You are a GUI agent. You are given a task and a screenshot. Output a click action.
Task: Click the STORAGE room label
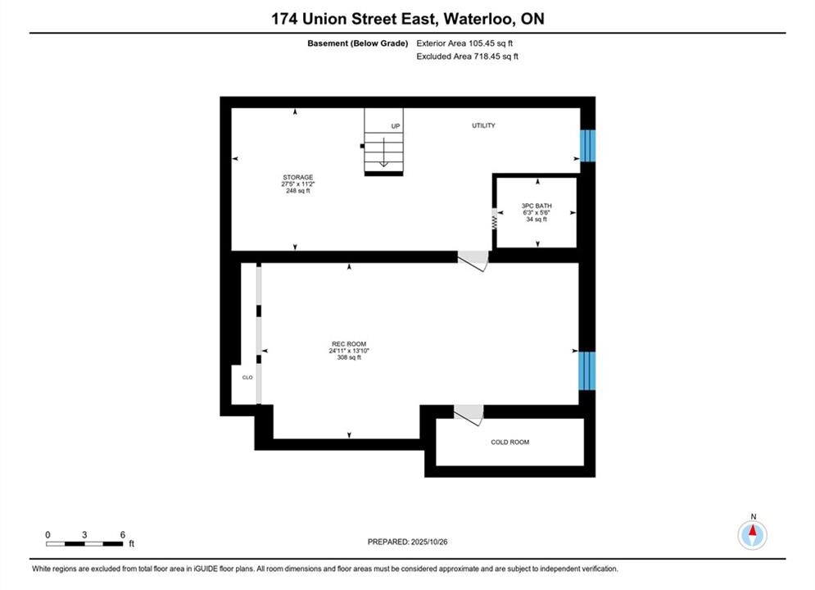298,177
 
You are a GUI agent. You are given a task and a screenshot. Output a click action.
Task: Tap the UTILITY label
483,125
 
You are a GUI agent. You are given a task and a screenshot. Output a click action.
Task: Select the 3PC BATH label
537,206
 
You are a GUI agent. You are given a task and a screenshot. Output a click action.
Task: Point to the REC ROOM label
349,344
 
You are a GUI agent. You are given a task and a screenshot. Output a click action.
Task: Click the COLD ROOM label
510,442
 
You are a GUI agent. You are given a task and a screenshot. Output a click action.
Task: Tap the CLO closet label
247,378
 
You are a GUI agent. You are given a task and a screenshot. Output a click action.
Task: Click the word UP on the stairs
396,126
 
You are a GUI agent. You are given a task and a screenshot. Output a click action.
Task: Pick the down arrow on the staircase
383,152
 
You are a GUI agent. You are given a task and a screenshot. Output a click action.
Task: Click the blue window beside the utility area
587,146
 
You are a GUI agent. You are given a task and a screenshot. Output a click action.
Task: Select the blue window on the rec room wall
587,370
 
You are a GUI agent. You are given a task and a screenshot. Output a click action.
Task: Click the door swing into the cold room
469,415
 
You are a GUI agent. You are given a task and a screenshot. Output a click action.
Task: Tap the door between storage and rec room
473,261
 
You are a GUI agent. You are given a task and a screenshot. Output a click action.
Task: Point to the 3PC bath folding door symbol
494,219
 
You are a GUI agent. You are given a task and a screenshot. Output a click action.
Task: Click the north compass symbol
752,534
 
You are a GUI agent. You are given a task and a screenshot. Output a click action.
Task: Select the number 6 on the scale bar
123,534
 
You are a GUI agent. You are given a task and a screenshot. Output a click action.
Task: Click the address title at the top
408,19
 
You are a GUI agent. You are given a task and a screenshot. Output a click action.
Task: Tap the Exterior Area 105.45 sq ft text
464,43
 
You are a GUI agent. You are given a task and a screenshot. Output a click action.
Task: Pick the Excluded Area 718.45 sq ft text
467,57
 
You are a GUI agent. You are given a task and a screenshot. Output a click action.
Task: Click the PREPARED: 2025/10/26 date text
408,542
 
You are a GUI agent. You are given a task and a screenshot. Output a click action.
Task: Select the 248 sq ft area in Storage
298,191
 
